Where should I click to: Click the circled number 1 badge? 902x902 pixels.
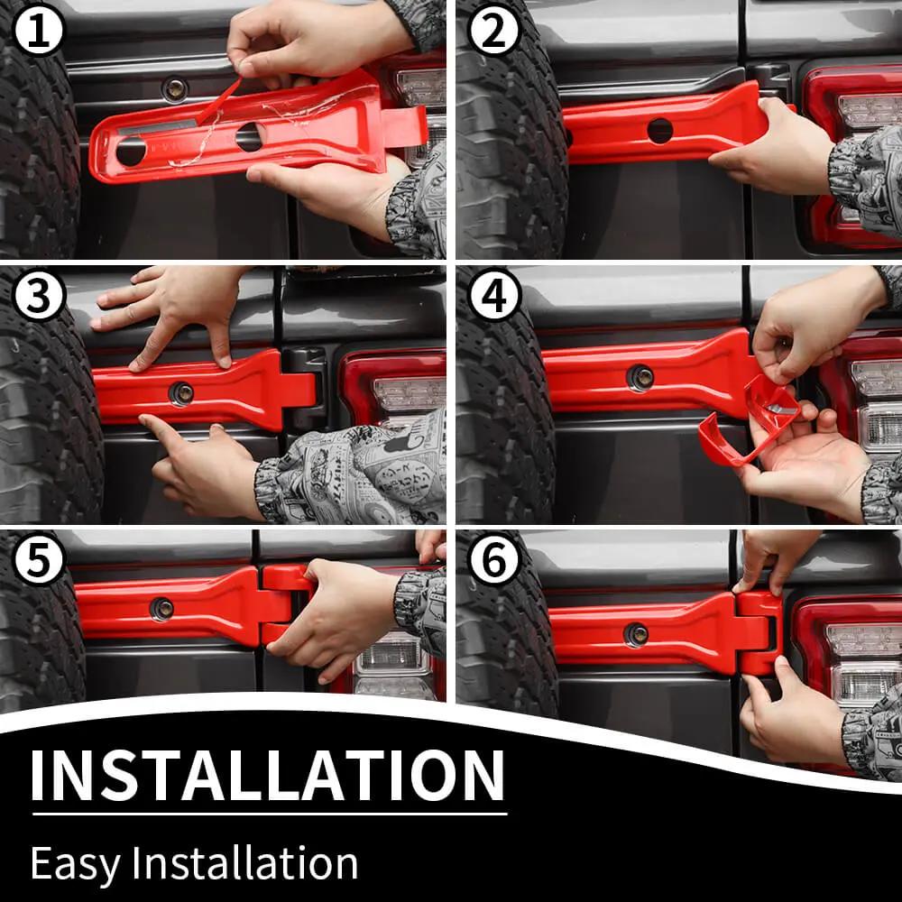(39, 30)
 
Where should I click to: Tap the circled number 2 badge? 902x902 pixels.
(494, 30)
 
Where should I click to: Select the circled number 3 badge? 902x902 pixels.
(39, 295)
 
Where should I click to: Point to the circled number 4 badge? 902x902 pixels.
(494, 295)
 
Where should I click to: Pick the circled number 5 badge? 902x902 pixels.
(39, 559)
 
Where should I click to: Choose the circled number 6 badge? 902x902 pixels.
(494, 559)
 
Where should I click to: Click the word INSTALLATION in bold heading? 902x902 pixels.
(268, 775)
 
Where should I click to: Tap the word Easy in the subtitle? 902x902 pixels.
(76, 865)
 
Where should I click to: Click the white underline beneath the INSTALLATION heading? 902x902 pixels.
(270, 814)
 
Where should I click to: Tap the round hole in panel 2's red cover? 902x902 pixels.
(660, 131)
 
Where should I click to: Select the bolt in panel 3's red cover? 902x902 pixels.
(182, 393)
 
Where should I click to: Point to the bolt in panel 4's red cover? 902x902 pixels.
(640, 378)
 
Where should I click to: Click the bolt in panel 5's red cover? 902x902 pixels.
(161, 609)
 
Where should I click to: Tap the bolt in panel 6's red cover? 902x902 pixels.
(636, 634)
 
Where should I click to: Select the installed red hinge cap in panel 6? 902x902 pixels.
(759, 633)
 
